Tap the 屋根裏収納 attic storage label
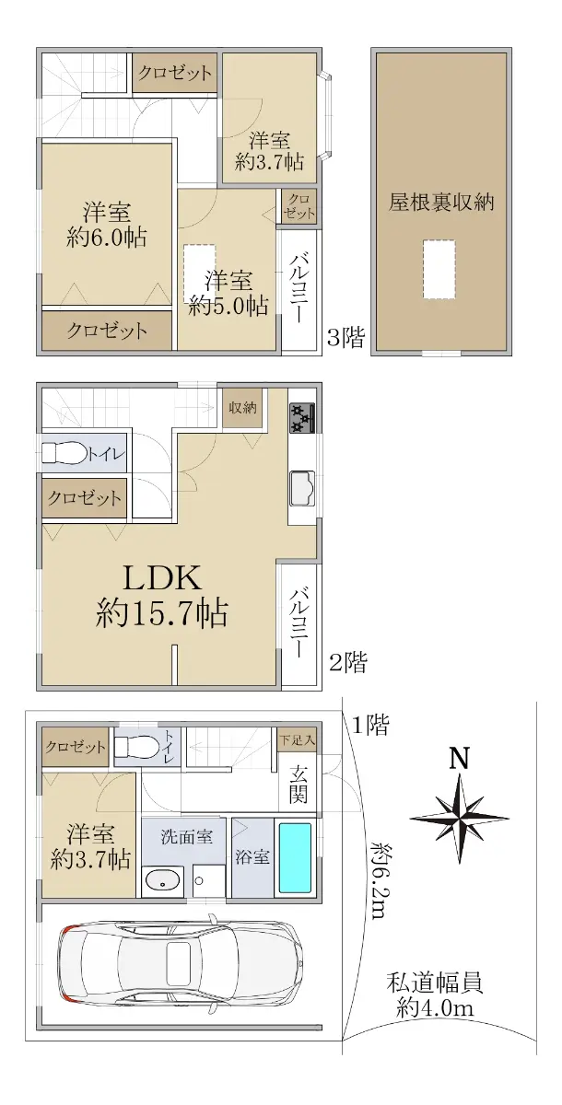[x=441, y=202]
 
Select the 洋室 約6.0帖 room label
[x=107, y=225]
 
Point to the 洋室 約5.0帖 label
[x=228, y=293]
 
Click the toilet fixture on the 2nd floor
[x=65, y=452]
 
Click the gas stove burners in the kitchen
[x=302, y=417]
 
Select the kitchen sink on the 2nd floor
[x=302, y=488]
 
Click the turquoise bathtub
[x=296, y=858]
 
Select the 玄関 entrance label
[x=299, y=784]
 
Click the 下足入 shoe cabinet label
[x=297, y=740]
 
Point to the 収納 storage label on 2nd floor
[x=242, y=407]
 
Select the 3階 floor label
[x=346, y=339]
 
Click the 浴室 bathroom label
[x=252, y=857]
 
